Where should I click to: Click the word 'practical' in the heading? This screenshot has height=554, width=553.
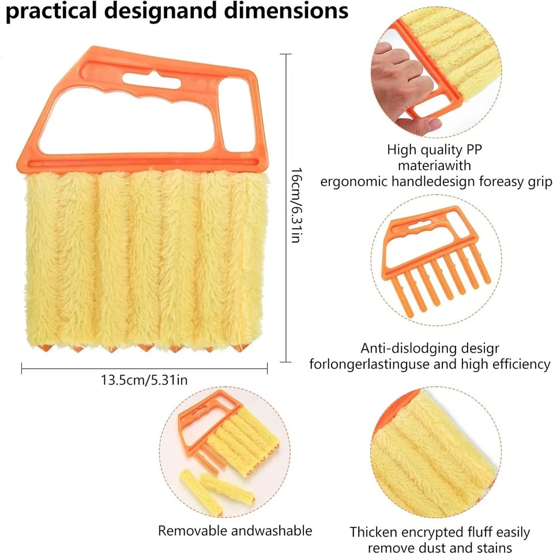[51, 12]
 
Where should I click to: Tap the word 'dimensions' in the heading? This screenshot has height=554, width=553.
[287, 10]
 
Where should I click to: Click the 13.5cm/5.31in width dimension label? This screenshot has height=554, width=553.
[144, 380]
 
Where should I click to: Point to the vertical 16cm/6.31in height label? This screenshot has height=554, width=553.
[296, 205]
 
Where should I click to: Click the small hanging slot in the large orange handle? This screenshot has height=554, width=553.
[152, 80]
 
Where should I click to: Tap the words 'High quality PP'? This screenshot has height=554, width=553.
[434, 150]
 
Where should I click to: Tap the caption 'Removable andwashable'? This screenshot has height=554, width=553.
[235, 531]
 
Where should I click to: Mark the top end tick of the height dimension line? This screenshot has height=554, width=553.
[285, 54]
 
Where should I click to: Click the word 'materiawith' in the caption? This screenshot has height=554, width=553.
[434, 166]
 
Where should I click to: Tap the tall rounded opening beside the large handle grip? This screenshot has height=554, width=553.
[236, 115]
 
